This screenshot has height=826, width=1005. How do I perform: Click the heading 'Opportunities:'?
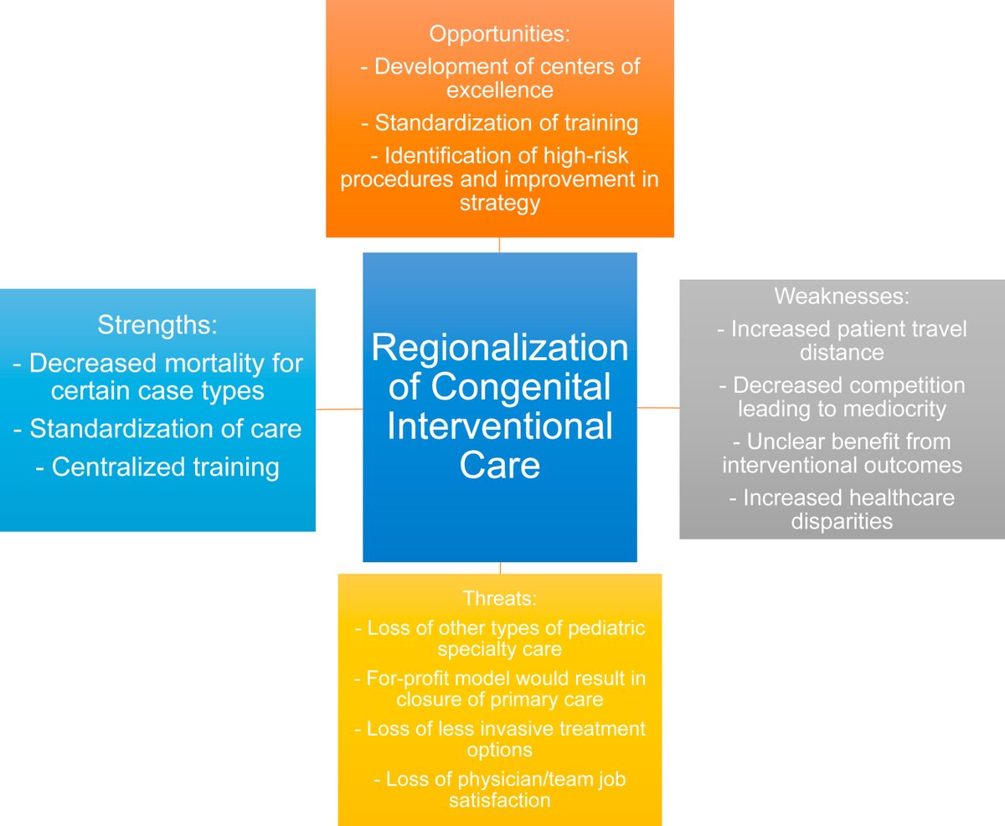pyautogui.click(x=499, y=34)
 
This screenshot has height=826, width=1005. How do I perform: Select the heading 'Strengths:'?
pyautogui.click(x=157, y=325)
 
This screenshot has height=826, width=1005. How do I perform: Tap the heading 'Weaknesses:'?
pyautogui.click(x=842, y=296)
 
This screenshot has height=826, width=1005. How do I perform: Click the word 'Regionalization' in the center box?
pyautogui.click(x=499, y=348)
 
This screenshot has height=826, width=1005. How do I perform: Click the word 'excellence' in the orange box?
pyautogui.click(x=499, y=90)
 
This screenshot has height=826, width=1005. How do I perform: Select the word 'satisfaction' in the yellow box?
pyautogui.click(x=499, y=800)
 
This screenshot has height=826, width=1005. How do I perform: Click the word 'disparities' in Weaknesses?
pyautogui.click(x=842, y=520)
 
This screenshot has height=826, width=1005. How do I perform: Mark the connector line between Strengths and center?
pyautogui.click(x=339, y=409)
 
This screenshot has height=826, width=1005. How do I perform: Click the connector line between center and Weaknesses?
pyautogui.click(x=658, y=408)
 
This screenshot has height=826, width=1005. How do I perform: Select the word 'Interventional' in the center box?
pyautogui.click(x=499, y=426)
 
